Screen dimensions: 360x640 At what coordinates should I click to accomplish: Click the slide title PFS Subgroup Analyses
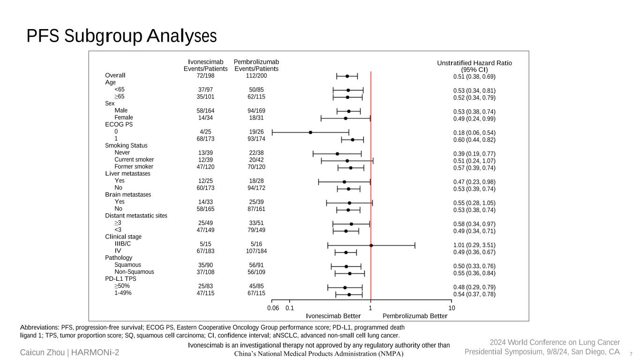[x=121, y=36]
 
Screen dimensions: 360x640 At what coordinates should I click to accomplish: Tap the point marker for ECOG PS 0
[x=310, y=133]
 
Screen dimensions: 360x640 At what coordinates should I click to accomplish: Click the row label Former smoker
[x=134, y=167]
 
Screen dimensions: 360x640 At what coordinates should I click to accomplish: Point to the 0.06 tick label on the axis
[x=273, y=308]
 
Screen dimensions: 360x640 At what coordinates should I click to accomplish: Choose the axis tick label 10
[x=452, y=308]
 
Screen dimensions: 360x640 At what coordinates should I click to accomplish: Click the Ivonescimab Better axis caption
[x=333, y=316]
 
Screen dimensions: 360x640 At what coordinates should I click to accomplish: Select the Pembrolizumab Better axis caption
[x=415, y=316]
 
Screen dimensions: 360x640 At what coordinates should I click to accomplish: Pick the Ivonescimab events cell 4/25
[x=205, y=132]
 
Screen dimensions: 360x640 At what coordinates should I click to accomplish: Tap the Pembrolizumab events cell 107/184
[x=256, y=251]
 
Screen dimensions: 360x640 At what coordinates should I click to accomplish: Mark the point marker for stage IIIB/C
[x=371, y=245]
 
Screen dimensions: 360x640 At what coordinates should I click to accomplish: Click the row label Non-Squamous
[x=134, y=272]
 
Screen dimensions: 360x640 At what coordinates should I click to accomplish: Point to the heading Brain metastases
[x=128, y=195]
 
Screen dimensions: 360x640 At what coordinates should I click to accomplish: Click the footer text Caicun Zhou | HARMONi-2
[x=69, y=352]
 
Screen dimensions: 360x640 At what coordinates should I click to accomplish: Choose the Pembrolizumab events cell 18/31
[x=256, y=118]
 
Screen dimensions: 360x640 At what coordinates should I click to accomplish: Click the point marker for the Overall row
[x=347, y=76]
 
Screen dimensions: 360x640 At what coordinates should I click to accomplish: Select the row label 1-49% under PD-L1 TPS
[x=123, y=293]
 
